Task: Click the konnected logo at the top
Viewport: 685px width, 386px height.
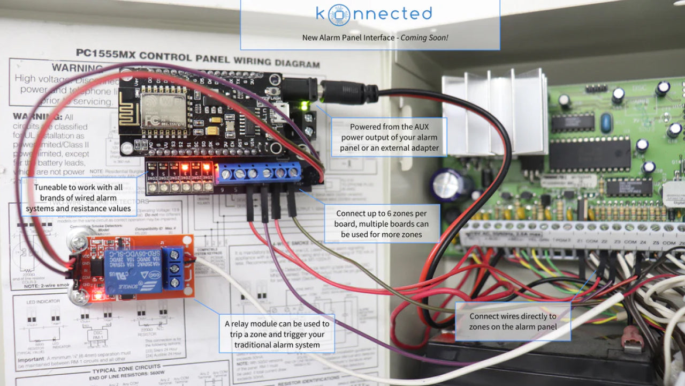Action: pos(374,14)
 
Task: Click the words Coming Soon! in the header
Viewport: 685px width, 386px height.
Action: pos(424,38)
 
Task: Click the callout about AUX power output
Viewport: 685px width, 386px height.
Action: pos(389,137)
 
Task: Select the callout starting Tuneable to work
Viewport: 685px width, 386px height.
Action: pos(78,198)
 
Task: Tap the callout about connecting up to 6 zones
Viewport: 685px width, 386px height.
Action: pos(382,224)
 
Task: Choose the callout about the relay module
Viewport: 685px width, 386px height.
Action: pos(277,334)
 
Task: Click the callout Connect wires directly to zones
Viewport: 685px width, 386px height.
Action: pos(512,321)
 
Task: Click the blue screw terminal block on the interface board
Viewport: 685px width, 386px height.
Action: pos(258,173)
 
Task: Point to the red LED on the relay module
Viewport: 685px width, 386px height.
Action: pos(97,295)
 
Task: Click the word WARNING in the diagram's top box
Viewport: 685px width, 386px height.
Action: pos(77,68)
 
